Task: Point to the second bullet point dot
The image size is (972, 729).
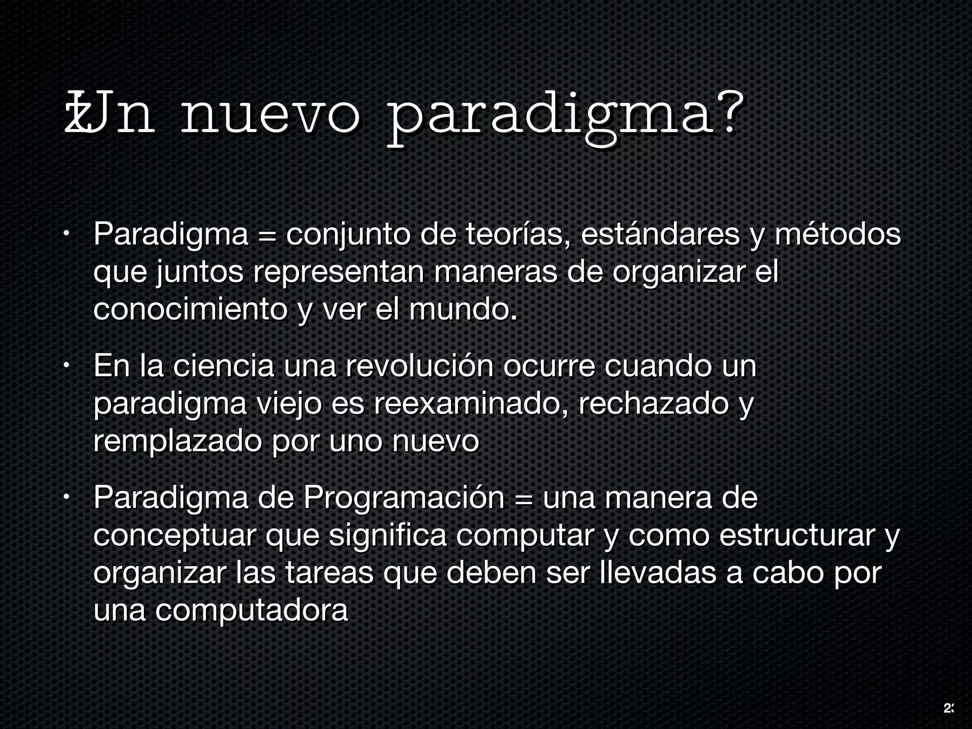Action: point(67,366)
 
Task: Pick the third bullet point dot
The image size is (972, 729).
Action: point(67,498)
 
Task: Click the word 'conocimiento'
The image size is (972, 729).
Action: point(190,309)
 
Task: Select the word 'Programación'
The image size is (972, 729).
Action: point(404,498)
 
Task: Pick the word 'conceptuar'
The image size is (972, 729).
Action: point(175,536)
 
